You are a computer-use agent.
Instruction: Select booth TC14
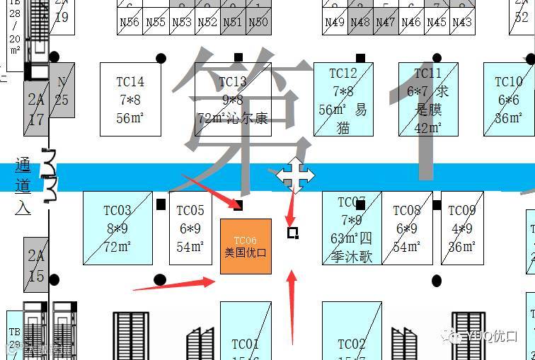pyautogui.click(x=130, y=100)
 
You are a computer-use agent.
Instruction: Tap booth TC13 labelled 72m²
pyautogui.click(x=233, y=100)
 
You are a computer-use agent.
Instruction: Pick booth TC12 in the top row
pyautogui.click(x=343, y=100)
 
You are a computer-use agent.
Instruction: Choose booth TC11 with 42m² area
pyautogui.click(x=427, y=100)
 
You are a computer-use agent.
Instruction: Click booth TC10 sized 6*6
pyautogui.click(x=508, y=100)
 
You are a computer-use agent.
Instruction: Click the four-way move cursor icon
pyautogui.click(x=295, y=175)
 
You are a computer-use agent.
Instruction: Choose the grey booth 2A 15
pyautogui.click(x=36, y=265)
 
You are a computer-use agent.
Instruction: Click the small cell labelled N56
pyautogui.click(x=130, y=23)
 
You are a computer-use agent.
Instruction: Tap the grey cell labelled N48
pyautogui.click(x=360, y=23)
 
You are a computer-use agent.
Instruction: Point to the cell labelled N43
pyautogui.click(x=462, y=23)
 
